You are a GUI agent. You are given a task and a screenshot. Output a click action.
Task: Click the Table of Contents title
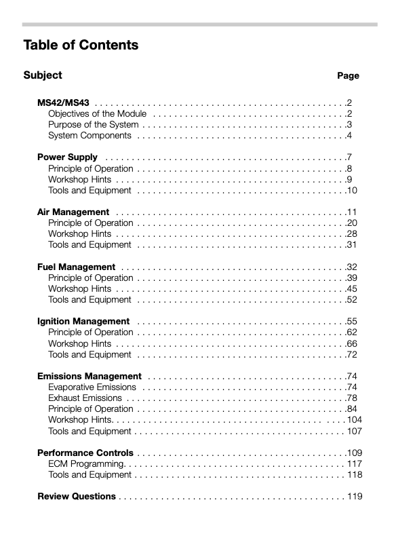81,45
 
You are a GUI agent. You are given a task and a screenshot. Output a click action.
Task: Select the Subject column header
42,75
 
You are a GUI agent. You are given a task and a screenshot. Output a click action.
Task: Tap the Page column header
348,76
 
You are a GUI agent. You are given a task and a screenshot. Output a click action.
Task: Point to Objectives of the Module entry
97,113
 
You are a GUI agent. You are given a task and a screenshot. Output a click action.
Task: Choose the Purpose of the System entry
93,124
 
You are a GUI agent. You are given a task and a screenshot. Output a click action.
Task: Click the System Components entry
90,136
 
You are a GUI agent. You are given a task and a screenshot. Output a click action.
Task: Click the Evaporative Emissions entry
92,387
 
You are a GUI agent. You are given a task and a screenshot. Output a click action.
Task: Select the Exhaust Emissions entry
85,398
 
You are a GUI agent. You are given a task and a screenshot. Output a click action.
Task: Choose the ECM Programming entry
86,463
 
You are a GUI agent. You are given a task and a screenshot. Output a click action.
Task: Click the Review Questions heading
76,496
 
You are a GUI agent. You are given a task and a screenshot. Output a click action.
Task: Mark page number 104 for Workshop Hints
355,420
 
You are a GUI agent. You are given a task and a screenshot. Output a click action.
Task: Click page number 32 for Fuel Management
352,267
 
